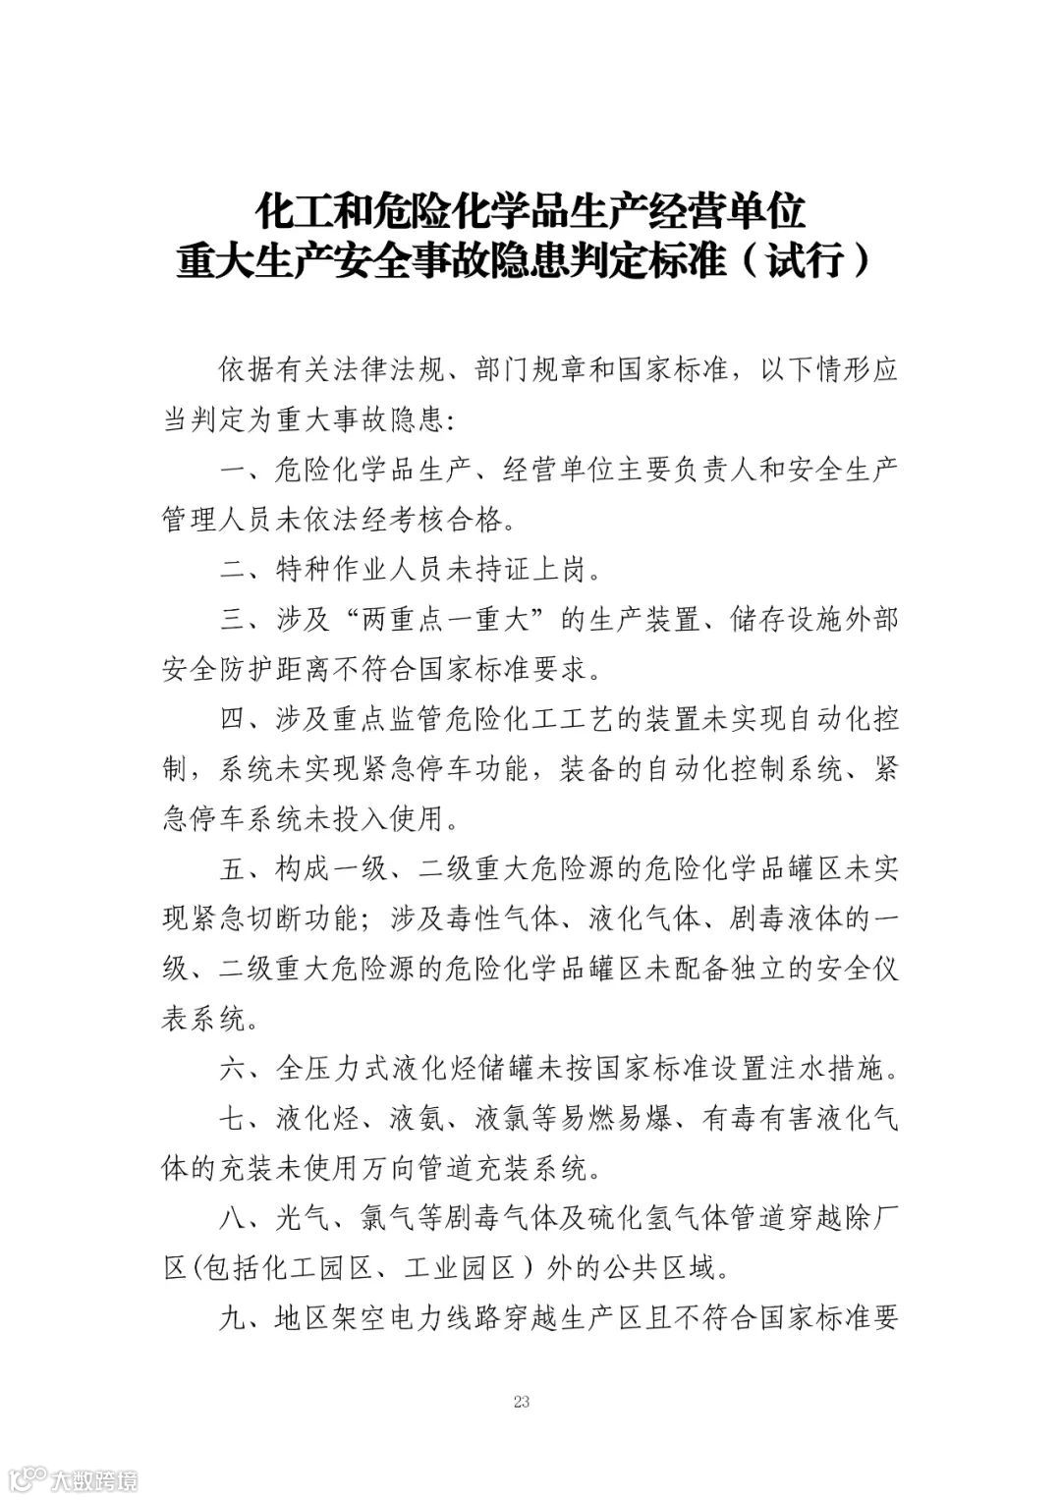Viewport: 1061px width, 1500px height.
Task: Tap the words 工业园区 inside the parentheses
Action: pos(461,1268)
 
